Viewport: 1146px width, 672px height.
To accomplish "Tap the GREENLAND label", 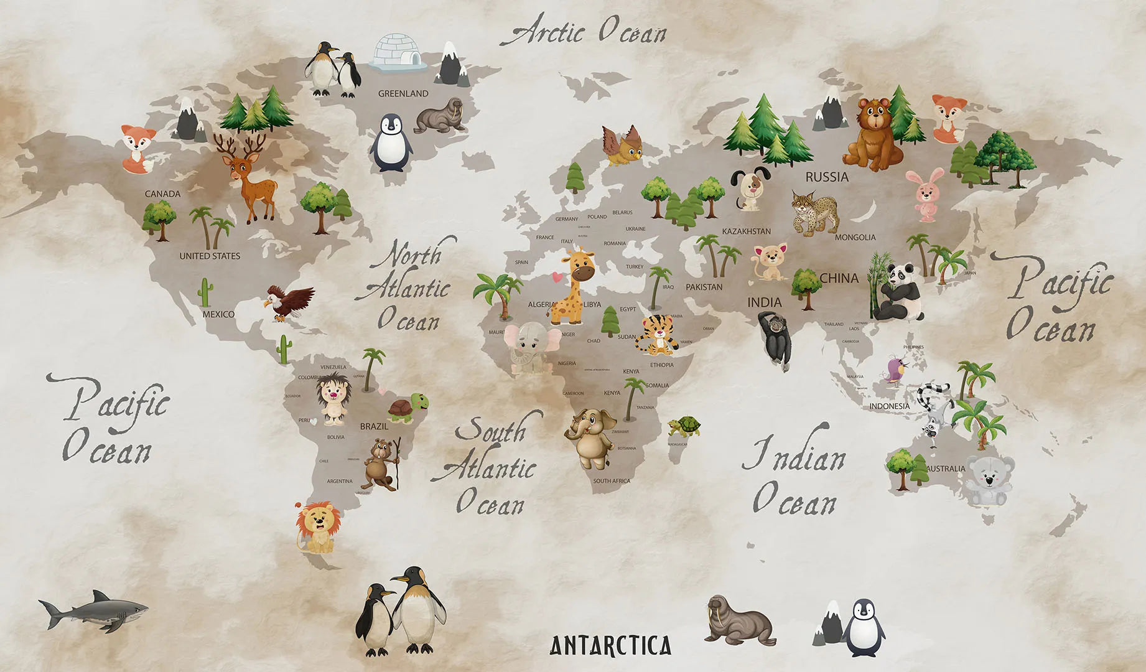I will click(403, 93).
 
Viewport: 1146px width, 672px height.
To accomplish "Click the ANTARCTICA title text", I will click(610, 646).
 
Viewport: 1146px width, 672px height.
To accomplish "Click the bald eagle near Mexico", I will click(289, 302).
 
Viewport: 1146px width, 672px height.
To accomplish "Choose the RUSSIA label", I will click(827, 177).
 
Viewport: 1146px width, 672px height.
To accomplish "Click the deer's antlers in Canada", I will click(240, 147).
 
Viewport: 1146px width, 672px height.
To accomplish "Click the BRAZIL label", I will click(374, 426).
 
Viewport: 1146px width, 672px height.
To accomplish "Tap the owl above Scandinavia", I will click(623, 146).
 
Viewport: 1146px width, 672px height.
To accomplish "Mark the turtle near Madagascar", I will click(685, 427).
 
